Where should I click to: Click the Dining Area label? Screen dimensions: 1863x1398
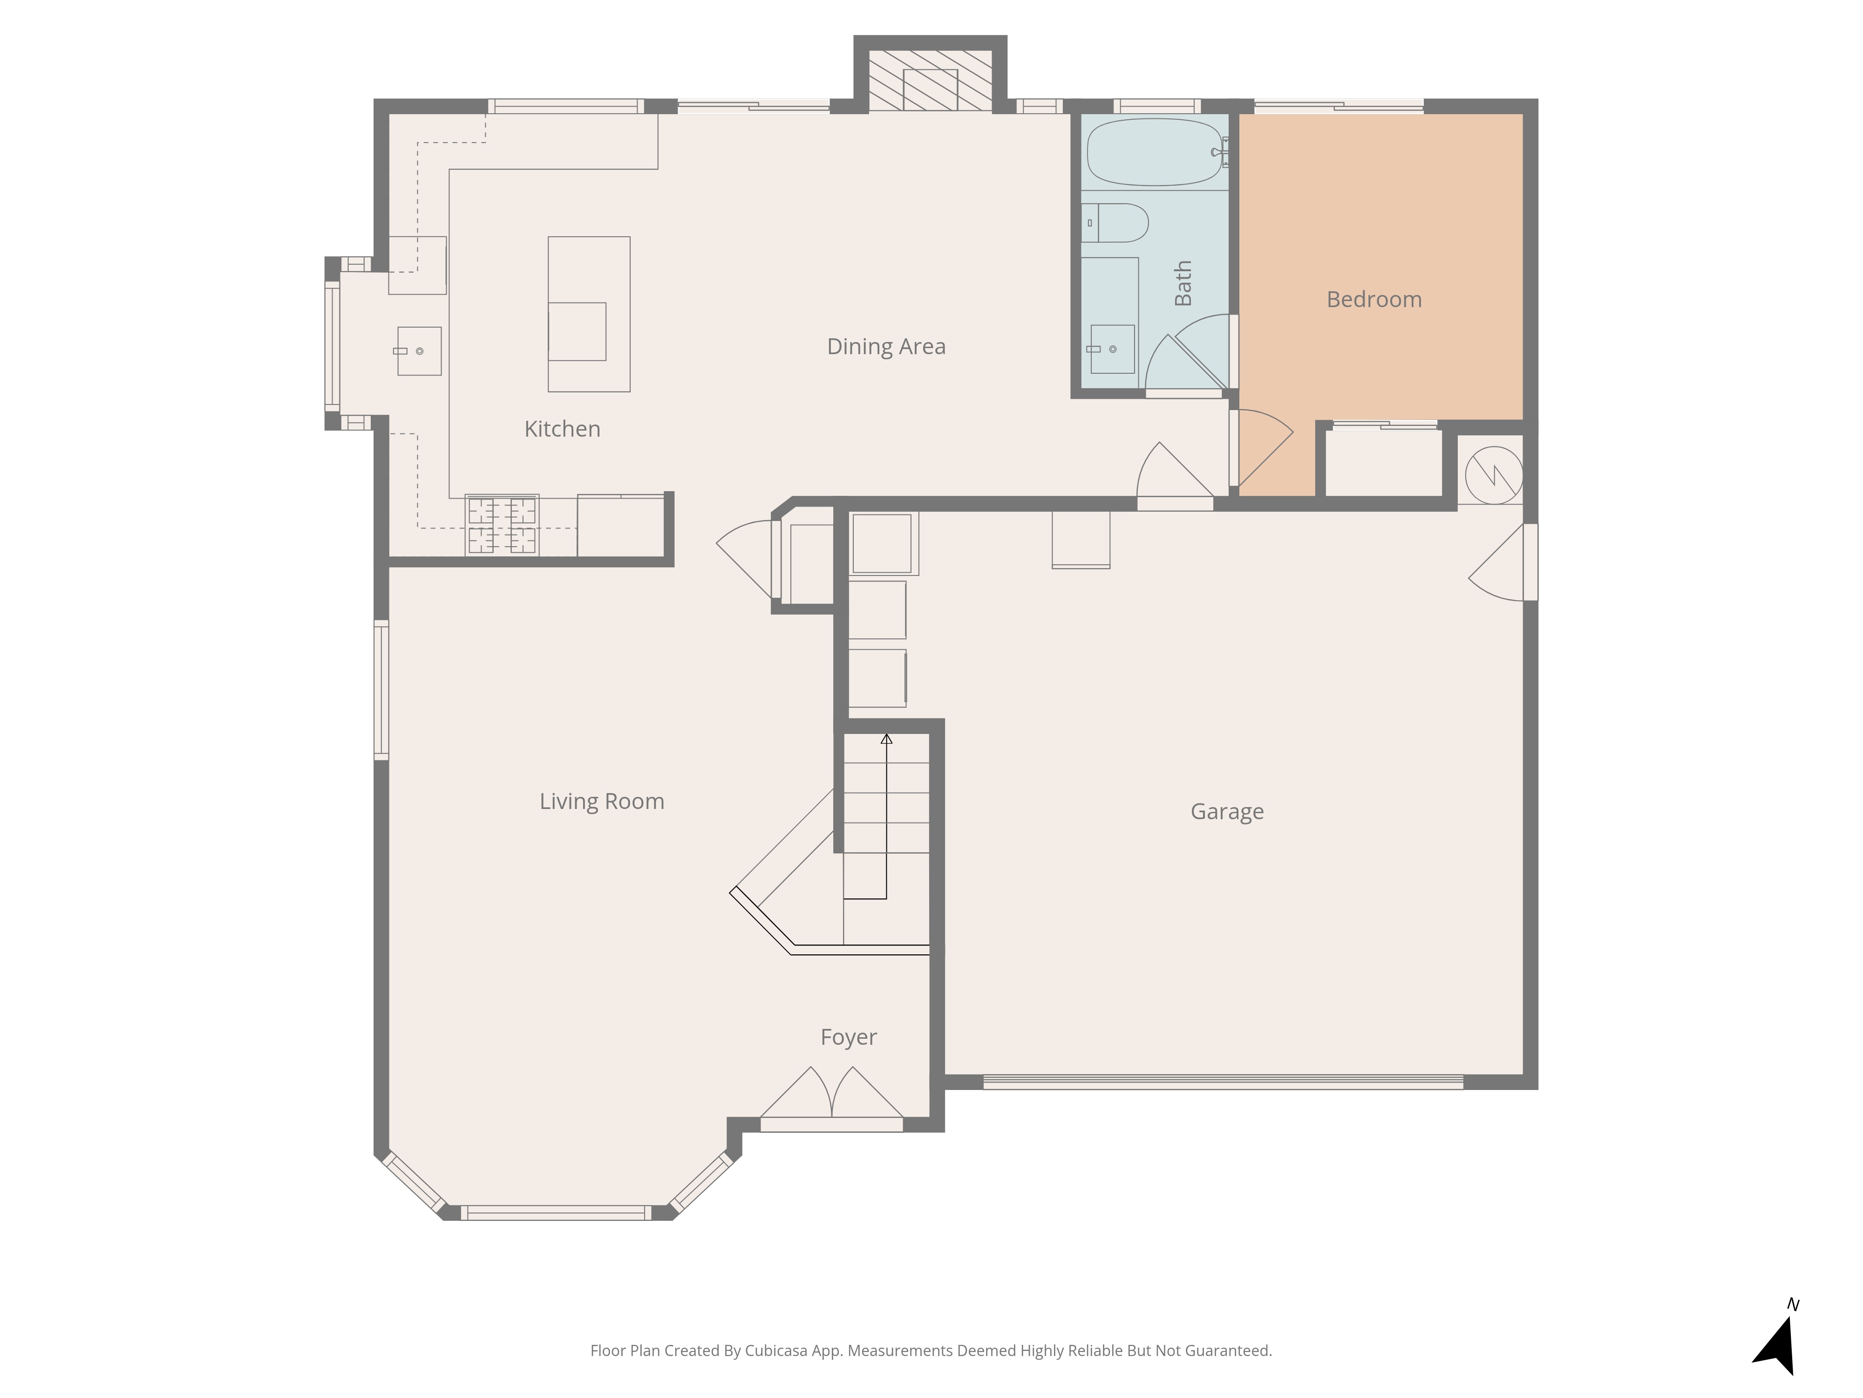(886, 346)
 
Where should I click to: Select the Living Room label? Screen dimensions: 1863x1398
(601, 802)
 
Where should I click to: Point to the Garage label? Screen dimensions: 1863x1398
(1227, 811)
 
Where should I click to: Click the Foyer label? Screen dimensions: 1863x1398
(848, 1037)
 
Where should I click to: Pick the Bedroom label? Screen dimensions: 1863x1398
(1373, 299)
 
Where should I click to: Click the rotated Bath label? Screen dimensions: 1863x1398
(1183, 283)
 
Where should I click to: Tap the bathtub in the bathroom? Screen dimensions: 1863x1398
(1154, 151)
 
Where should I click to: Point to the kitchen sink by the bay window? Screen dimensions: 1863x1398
(419, 350)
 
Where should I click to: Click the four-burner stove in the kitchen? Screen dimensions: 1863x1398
(502, 525)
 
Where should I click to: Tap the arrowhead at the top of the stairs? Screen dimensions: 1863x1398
(886, 739)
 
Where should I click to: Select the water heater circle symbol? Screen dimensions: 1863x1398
(1493, 475)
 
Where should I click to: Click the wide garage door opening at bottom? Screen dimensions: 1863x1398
(1223, 1082)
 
